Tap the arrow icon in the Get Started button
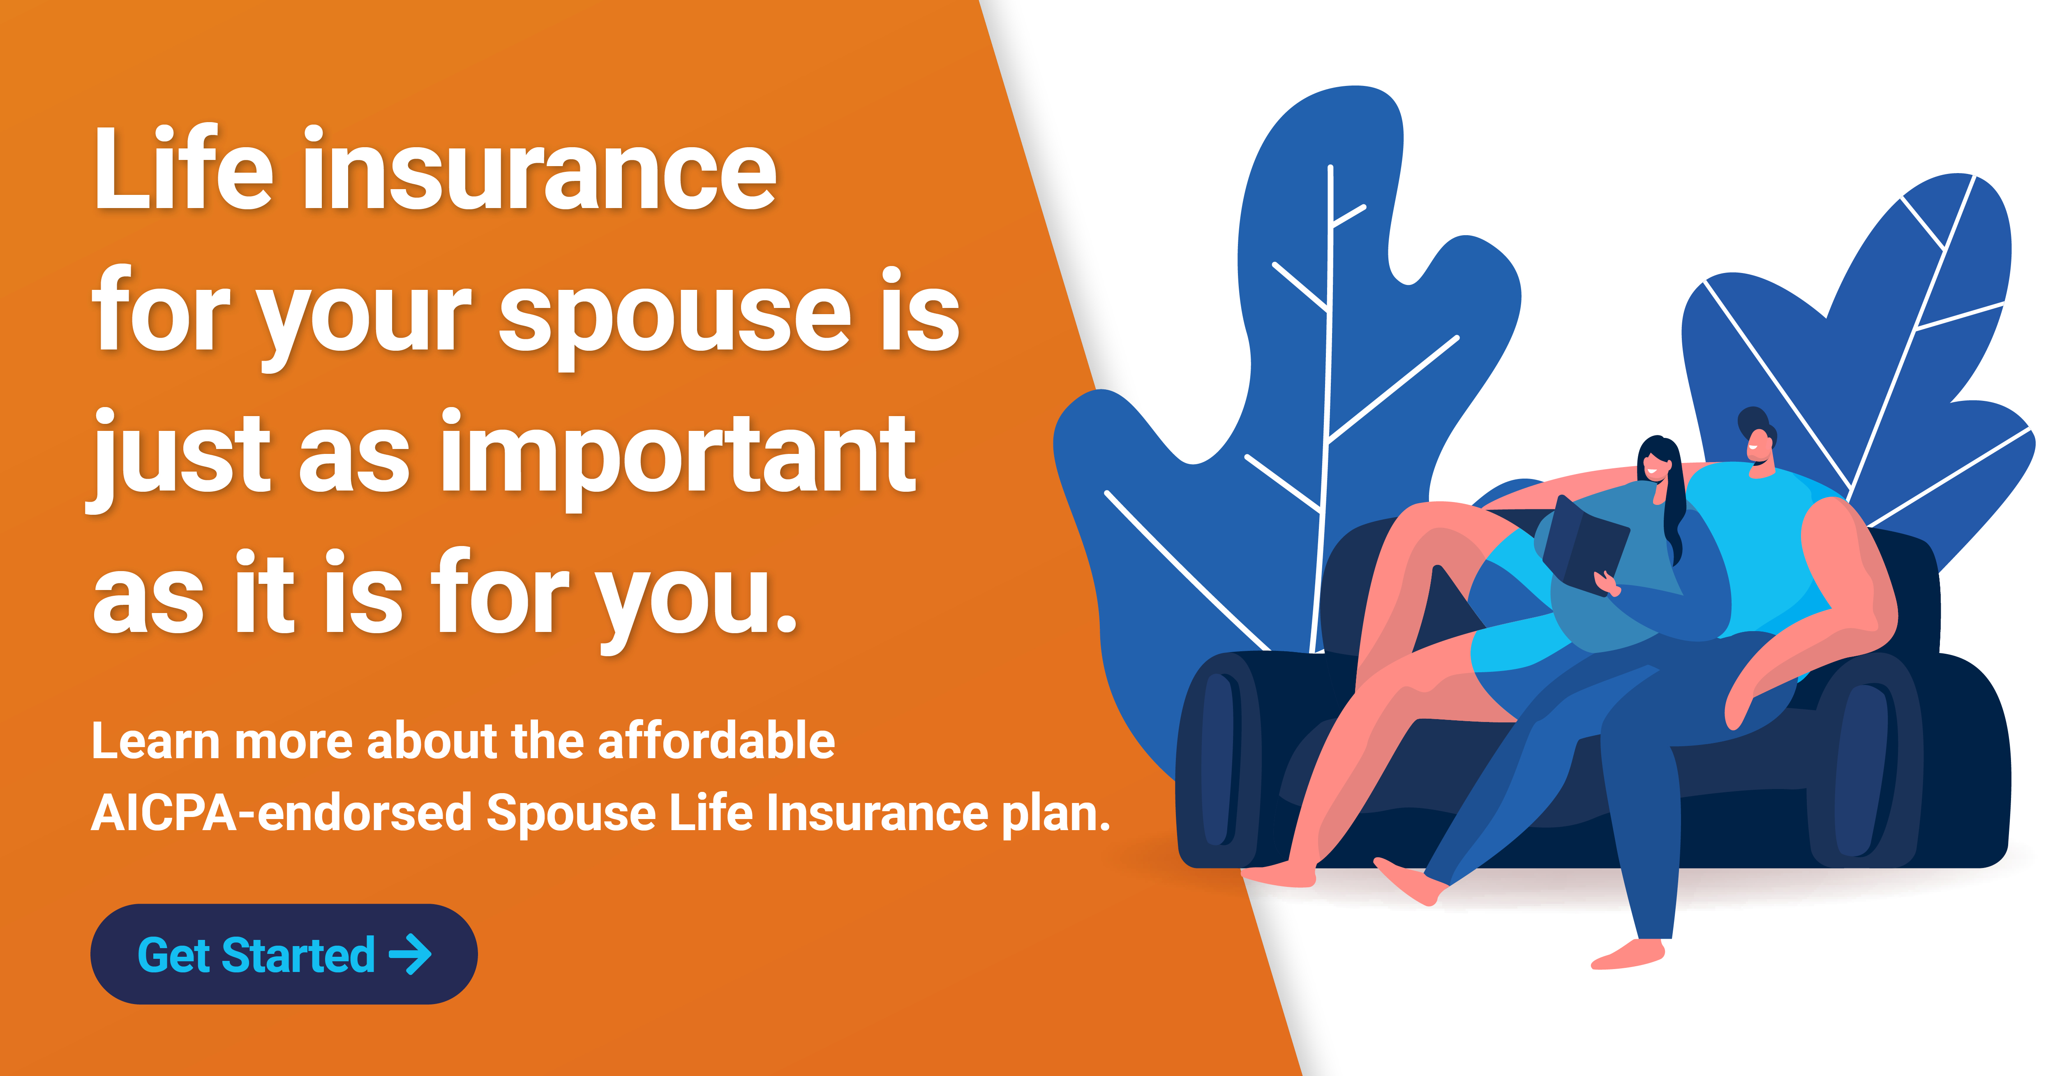pos(411,954)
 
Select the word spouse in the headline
pos(674,315)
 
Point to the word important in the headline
pos(678,455)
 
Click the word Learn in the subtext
pos(155,741)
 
